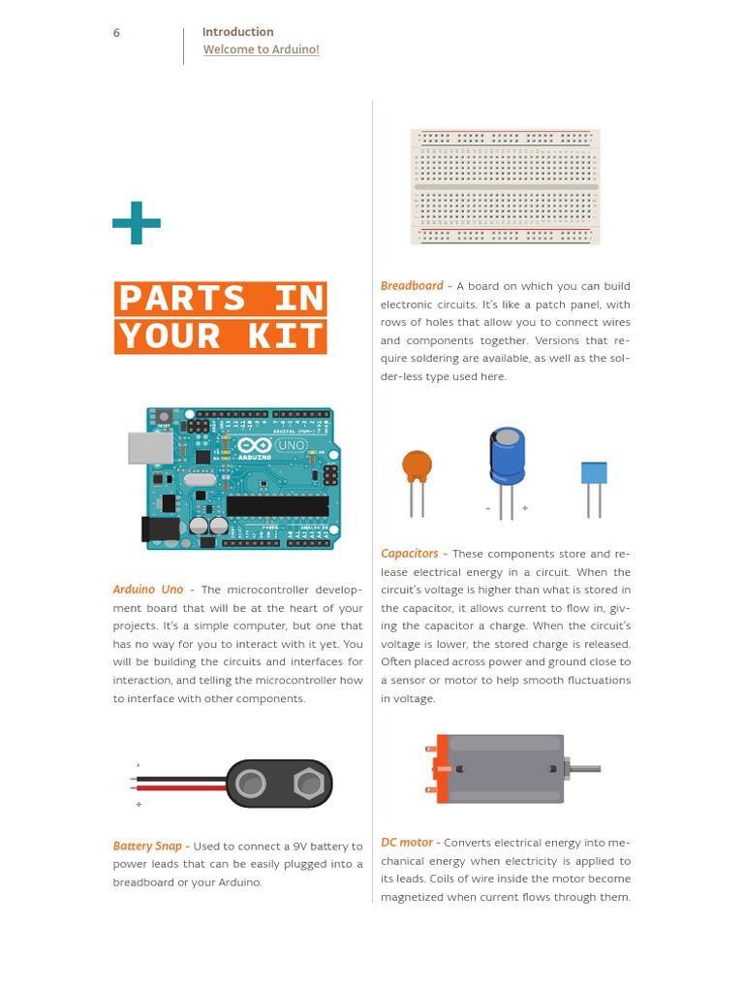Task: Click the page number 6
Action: (x=116, y=33)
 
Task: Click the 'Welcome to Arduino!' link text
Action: (x=261, y=49)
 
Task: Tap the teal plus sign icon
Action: (x=137, y=223)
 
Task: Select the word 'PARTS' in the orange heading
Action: (x=182, y=299)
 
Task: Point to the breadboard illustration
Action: (x=505, y=186)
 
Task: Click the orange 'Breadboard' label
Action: (x=412, y=286)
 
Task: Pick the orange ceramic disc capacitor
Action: (x=417, y=466)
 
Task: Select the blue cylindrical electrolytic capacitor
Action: (x=507, y=456)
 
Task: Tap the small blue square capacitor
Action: (x=594, y=472)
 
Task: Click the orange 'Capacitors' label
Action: (x=410, y=554)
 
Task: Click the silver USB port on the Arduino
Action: (x=150, y=448)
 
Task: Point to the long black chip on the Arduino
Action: (x=277, y=506)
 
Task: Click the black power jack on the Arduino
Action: (x=160, y=529)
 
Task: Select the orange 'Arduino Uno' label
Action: (x=148, y=590)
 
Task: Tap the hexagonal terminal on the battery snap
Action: (x=308, y=783)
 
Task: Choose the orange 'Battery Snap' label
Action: (x=147, y=847)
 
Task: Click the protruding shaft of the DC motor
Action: (x=586, y=769)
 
